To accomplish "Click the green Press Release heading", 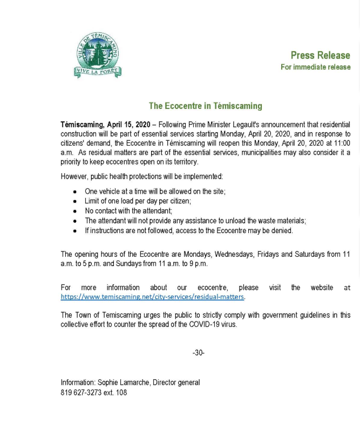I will click(x=320, y=55).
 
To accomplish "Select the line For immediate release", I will click(x=315, y=67).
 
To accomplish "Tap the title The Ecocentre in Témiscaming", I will click(x=205, y=106).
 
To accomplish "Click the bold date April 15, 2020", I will click(x=128, y=124).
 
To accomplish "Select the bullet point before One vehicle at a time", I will click(x=74, y=192).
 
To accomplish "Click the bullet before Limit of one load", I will click(x=74, y=201).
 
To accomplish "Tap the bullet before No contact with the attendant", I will click(x=74, y=211).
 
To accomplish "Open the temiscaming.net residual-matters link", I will click(x=153, y=297).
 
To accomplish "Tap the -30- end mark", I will click(x=199, y=353).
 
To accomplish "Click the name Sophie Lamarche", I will click(x=123, y=382).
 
